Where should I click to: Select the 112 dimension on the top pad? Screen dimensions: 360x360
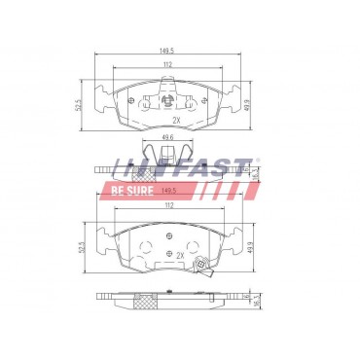click(167, 66)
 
